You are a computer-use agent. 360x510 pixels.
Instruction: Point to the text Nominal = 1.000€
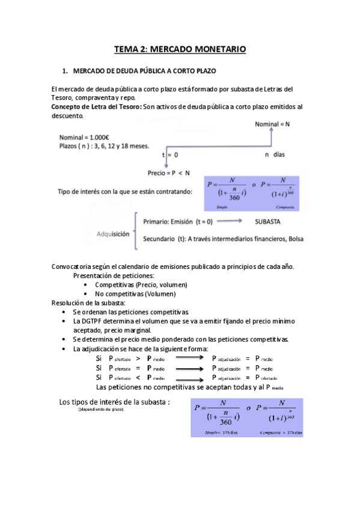84,137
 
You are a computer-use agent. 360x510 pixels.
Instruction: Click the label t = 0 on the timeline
170,155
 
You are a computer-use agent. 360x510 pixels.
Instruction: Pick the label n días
275,155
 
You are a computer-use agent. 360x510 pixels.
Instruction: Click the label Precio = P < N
169,173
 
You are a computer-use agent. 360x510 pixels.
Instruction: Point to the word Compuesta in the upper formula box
284,206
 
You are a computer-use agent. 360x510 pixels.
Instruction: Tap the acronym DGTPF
94,321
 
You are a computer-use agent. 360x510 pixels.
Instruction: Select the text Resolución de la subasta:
88,303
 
